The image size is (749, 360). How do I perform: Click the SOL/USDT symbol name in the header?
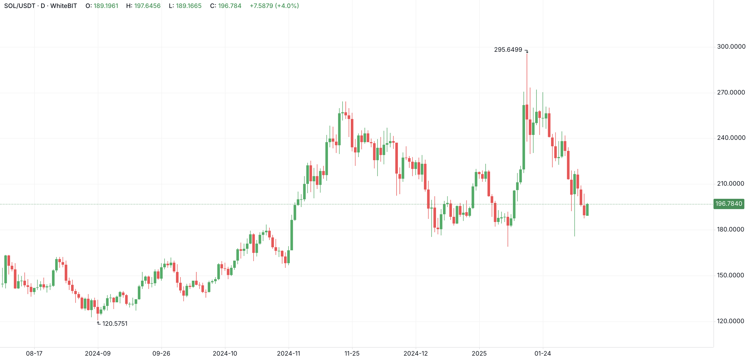click(20, 6)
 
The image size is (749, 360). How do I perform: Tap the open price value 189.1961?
click(106, 6)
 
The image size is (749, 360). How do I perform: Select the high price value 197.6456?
click(147, 6)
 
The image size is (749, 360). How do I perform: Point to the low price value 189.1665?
click(188, 6)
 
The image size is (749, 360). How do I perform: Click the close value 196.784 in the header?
click(229, 6)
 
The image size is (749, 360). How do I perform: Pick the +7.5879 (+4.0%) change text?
click(274, 6)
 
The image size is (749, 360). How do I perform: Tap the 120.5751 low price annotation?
click(115, 324)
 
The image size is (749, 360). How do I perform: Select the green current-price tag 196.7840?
click(728, 203)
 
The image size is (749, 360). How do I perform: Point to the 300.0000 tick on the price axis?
click(731, 47)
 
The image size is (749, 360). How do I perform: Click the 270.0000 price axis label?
click(731, 92)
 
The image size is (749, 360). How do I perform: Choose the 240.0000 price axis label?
click(731, 138)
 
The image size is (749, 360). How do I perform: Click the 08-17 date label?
click(34, 353)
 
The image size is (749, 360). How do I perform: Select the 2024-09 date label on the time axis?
click(98, 353)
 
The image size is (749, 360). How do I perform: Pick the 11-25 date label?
click(352, 353)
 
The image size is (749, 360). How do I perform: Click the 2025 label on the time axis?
click(479, 353)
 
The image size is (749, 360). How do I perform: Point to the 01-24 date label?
click(543, 353)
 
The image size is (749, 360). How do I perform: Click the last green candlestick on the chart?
click(587, 210)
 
